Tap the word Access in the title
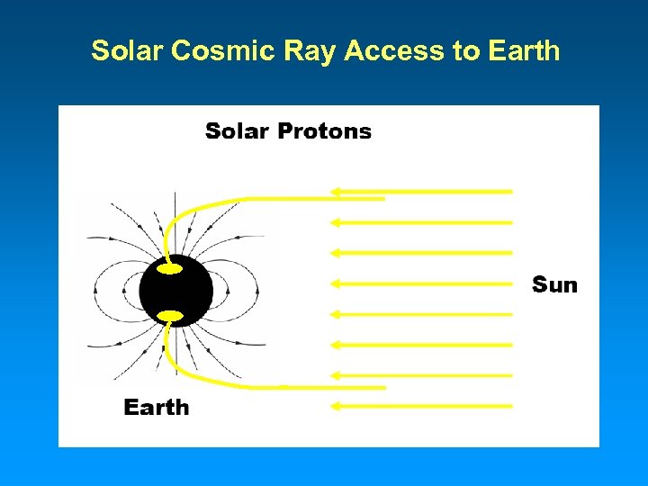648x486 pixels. [x=397, y=51]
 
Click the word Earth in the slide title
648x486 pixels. [x=524, y=51]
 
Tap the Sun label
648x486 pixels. [x=554, y=285]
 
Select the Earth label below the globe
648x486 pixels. [x=157, y=408]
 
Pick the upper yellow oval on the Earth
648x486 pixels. [x=170, y=268]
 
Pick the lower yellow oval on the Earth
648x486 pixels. [x=170, y=316]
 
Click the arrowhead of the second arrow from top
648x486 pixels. [x=336, y=221]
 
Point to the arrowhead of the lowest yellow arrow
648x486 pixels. [x=336, y=406]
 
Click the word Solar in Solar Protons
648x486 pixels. [x=237, y=131]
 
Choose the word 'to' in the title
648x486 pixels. [x=466, y=51]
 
